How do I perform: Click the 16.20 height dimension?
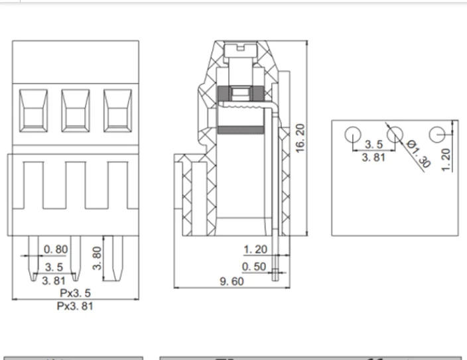tap(300, 138)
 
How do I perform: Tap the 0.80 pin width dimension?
tap(55, 249)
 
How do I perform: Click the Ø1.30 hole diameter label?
tap(417, 154)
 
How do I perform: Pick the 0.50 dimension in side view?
tap(254, 267)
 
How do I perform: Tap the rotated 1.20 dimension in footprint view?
tap(446, 158)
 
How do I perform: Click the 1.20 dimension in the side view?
tap(255, 249)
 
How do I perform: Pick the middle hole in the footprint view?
tap(395, 135)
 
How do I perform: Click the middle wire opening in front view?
tap(75, 109)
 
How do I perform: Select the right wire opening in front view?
tap(117, 109)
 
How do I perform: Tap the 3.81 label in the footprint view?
tap(373, 158)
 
